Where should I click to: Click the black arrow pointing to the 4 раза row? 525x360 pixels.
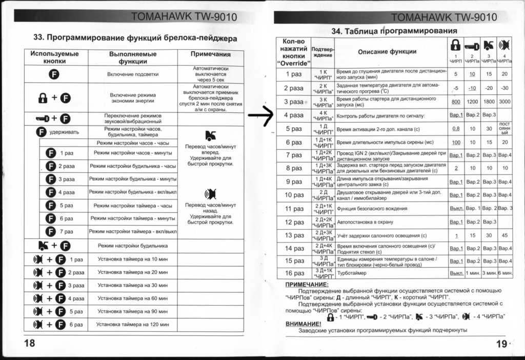click(261, 115)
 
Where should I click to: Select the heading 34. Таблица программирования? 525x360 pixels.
click(394, 31)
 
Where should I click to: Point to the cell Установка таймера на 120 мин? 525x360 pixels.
click(133, 325)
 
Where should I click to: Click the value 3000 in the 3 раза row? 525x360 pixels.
click(504, 102)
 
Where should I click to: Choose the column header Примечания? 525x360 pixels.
click(210, 54)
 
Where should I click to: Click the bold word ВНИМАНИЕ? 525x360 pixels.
click(303, 324)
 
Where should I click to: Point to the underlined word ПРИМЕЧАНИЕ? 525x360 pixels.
click(306, 284)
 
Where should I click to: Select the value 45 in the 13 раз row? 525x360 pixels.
click(504, 235)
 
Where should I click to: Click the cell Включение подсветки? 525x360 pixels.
click(133, 74)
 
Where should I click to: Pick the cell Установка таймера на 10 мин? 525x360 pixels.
click(133, 259)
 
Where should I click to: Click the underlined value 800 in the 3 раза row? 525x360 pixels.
click(455, 102)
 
